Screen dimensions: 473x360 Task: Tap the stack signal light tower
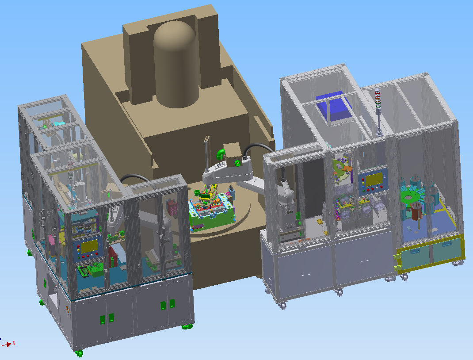(x=378, y=111)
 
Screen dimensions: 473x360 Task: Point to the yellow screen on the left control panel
(x=89, y=246)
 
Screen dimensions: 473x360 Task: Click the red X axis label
(x=14, y=343)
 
